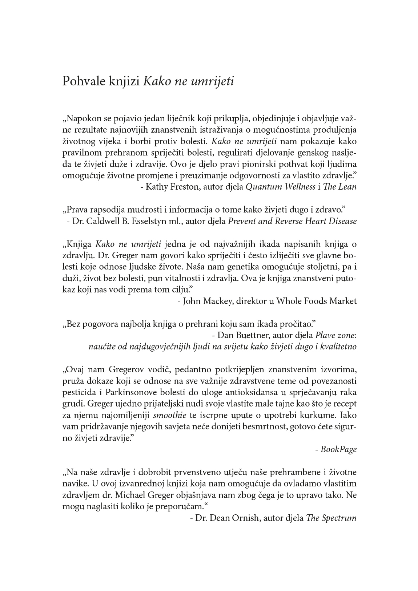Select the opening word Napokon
(83, 119)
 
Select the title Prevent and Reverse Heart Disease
(292, 221)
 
